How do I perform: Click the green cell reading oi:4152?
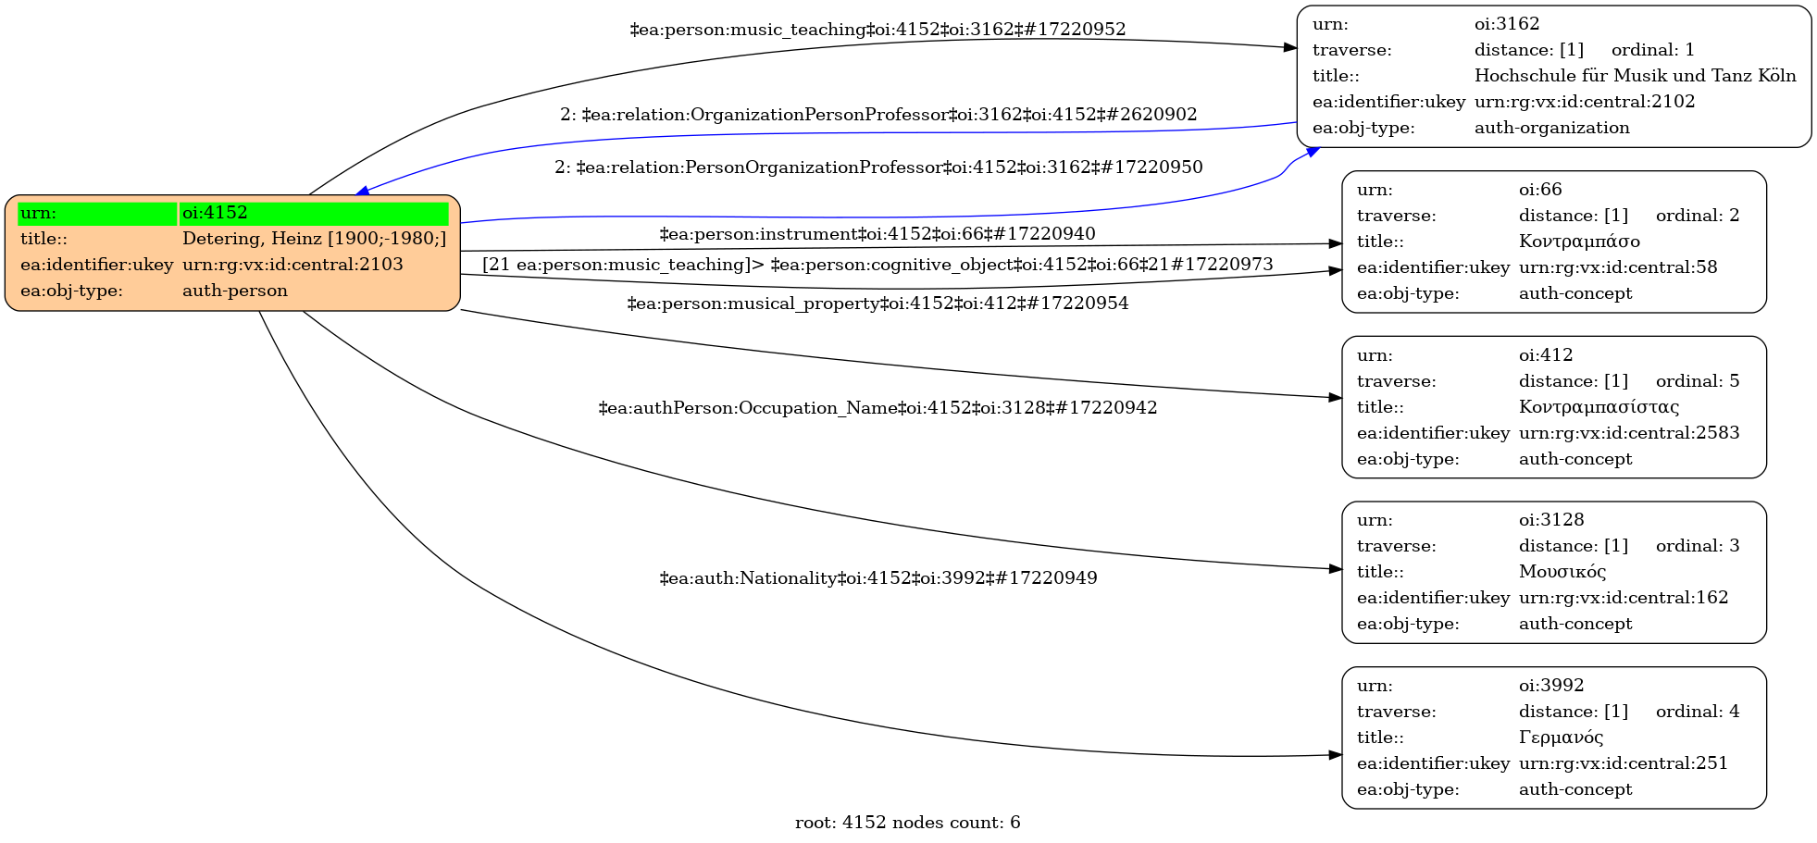click(313, 213)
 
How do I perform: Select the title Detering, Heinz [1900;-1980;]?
click(314, 239)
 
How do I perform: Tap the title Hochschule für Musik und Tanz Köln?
click(1635, 76)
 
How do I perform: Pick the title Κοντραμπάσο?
click(1579, 242)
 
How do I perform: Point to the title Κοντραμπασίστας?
click(1599, 407)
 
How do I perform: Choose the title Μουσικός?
click(1562, 572)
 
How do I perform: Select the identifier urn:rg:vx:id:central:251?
click(1624, 763)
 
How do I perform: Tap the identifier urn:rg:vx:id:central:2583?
click(1629, 433)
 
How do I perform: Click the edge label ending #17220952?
click(877, 30)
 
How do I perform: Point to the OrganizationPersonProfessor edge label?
click(878, 115)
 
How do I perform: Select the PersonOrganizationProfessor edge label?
click(878, 167)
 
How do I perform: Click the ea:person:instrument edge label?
click(877, 234)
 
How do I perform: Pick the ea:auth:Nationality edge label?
click(877, 578)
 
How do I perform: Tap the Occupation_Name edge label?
click(877, 408)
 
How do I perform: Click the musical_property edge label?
click(877, 304)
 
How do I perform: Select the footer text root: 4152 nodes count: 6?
click(907, 823)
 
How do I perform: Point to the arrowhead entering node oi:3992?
click(1336, 755)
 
